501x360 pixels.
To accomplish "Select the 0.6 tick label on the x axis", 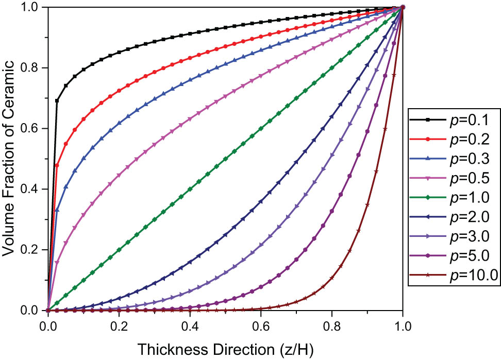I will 261,326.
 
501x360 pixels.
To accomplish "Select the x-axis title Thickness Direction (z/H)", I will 225,349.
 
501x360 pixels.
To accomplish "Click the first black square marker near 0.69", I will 57,100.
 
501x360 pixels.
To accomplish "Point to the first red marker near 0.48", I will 57,165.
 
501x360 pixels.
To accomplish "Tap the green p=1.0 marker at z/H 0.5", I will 225,159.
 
